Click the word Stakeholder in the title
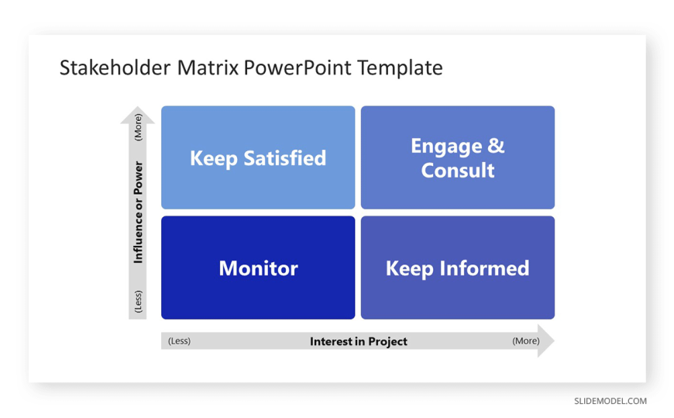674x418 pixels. click(115, 67)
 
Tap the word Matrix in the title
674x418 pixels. click(208, 67)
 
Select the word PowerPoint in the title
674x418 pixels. click(297, 67)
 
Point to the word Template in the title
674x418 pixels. click(400, 68)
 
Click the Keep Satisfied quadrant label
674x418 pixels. click(258, 158)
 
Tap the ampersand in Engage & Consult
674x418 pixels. click(496, 146)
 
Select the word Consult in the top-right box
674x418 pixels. click(458, 170)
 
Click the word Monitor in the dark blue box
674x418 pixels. click(258, 268)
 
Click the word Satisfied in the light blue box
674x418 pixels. click(284, 158)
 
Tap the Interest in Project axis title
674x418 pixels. click(359, 341)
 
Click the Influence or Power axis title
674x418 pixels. click(138, 212)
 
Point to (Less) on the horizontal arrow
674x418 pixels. click(179, 341)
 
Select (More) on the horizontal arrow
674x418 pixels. click(526, 341)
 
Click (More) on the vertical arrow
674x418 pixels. click(138, 127)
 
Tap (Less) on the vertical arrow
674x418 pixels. click(138, 302)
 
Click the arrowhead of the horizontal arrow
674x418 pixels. click(546, 341)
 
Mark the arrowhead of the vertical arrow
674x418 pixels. click(138, 115)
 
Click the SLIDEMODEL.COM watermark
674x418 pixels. click(610, 401)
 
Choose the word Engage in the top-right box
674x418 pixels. click(446, 147)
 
